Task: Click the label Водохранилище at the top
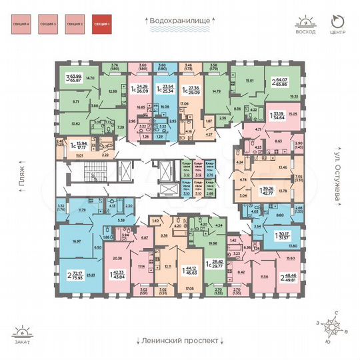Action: point(179,21)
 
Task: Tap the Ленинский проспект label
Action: point(179,340)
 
